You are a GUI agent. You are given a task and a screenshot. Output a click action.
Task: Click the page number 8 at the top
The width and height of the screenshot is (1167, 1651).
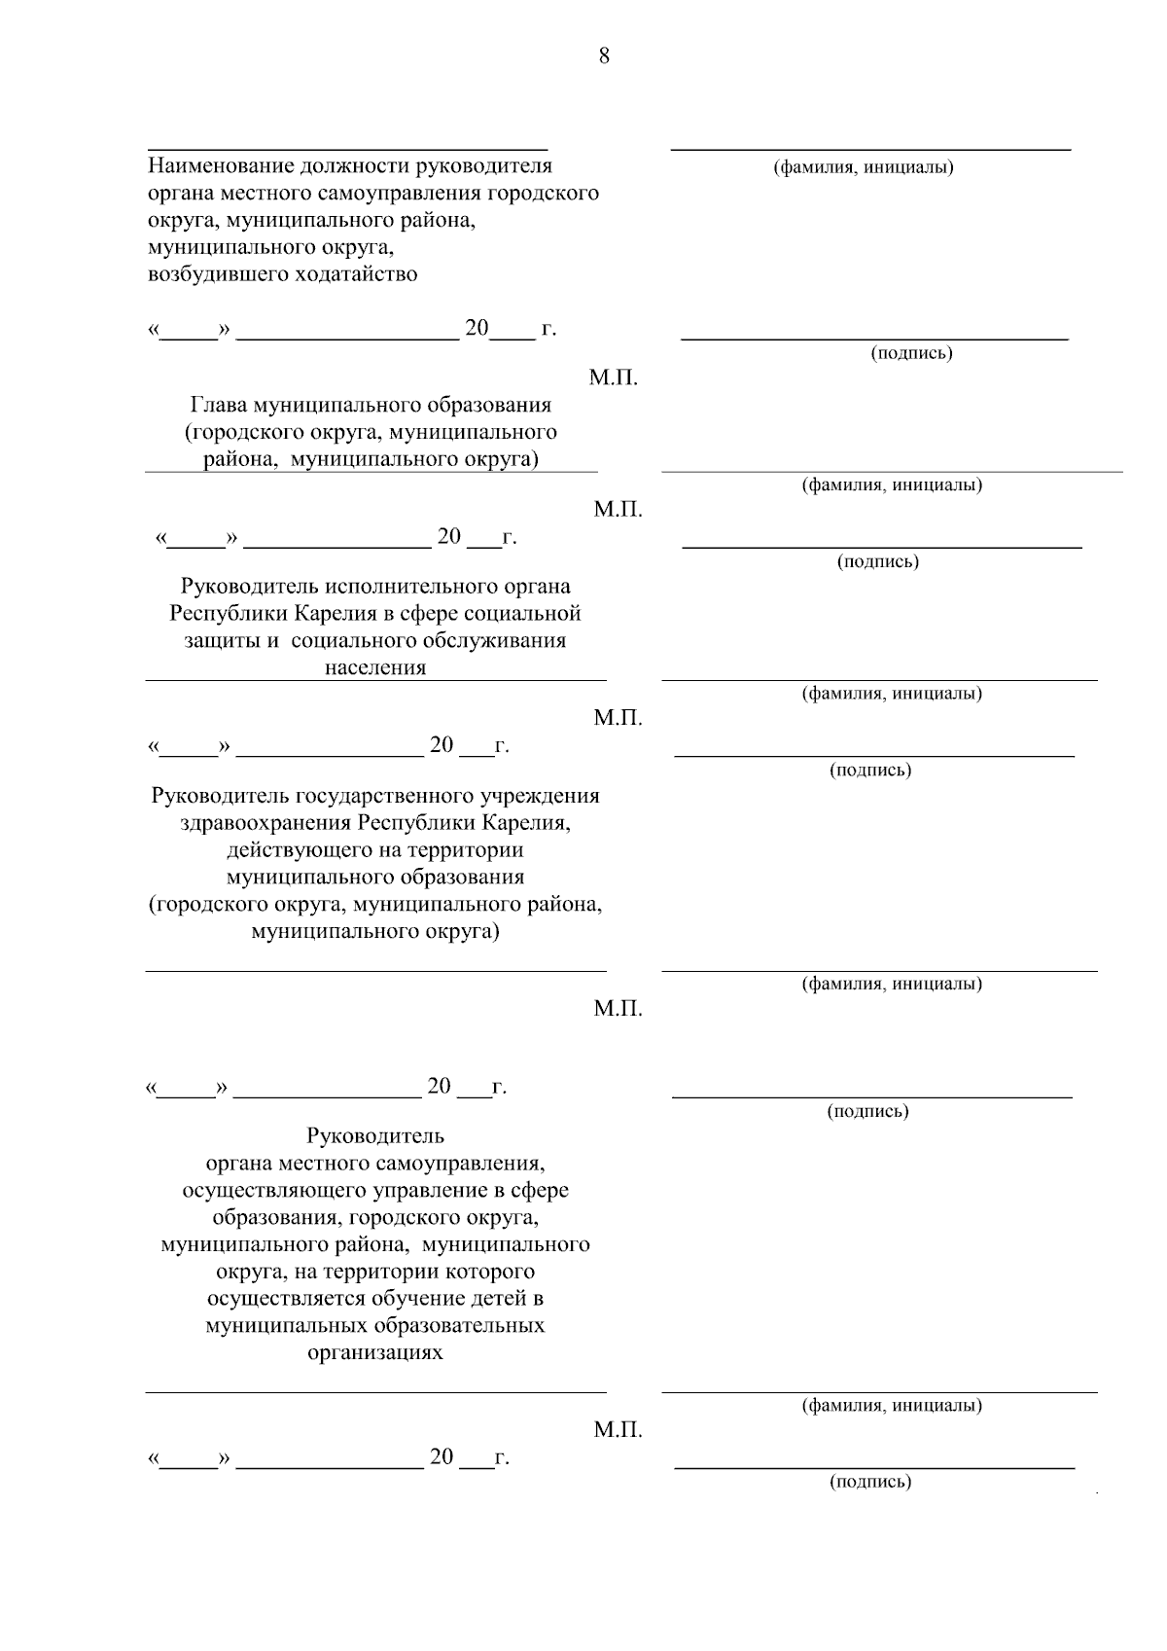(x=604, y=55)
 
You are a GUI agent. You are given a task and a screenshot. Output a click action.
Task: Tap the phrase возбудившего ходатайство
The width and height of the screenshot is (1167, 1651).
(x=282, y=274)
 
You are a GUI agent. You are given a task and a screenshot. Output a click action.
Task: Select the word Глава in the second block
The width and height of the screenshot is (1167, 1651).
(x=221, y=405)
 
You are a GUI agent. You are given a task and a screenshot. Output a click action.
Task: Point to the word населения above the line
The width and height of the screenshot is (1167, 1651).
(x=375, y=668)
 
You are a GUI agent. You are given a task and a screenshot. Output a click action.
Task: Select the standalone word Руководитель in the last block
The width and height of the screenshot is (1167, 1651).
(x=375, y=1135)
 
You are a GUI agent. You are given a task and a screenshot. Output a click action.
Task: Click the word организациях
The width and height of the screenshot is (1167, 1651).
(x=375, y=1353)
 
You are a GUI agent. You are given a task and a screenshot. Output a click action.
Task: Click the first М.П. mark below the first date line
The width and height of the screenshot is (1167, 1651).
(x=614, y=378)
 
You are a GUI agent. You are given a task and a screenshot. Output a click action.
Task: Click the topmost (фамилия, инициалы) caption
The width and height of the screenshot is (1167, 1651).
(x=863, y=167)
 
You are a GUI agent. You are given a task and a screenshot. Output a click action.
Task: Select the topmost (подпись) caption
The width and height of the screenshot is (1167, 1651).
(x=911, y=353)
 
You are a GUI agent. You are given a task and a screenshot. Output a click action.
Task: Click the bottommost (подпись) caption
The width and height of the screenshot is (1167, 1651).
(x=870, y=1482)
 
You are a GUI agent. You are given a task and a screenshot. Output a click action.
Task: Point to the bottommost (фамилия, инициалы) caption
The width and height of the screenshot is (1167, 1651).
(x=891, y=1406)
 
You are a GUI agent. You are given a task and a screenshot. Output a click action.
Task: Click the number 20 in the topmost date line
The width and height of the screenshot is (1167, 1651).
(x=477, y=328)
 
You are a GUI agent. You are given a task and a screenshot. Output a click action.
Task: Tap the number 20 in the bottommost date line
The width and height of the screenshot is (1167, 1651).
(x=442, y=1456)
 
